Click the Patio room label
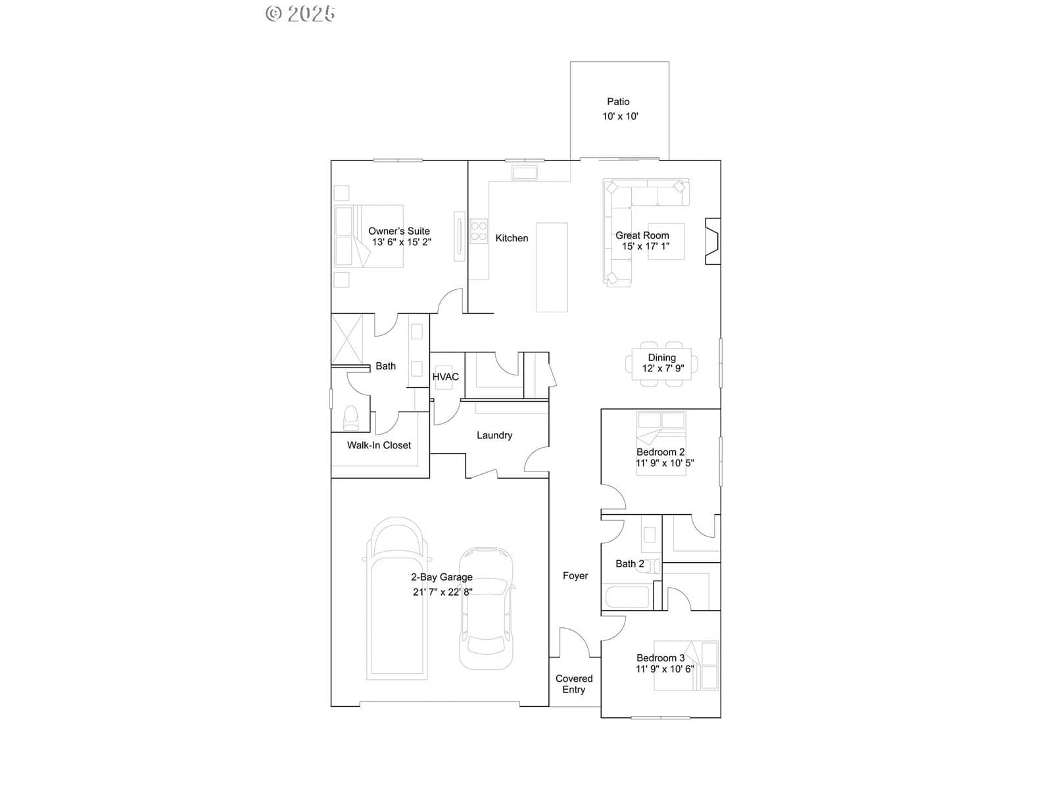(618, 101)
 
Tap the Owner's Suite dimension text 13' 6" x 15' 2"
(402, 242)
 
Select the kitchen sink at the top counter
(525, 172)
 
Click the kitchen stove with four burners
(479, 231)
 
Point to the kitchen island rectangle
(552, 268)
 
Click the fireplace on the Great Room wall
(713, 241)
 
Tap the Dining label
(662, 358)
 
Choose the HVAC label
(446, 377)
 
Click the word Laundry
(494, 435)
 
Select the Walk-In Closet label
(379, 445)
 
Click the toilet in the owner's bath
(351, 418)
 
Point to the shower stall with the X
(347, 339)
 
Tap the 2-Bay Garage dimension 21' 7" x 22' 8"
(442, 592)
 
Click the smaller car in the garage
(486, 608)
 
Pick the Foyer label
(575, 576)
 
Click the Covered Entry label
(574, 684)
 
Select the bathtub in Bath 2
(627, 596)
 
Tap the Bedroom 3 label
(660, 658)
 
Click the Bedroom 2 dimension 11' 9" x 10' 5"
(665, 464)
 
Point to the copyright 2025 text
(300, 14)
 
